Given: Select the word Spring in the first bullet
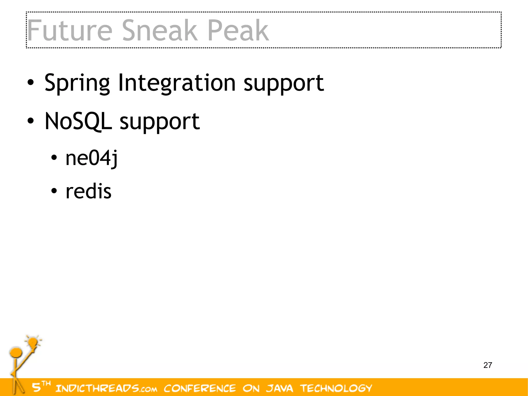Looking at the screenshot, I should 77,83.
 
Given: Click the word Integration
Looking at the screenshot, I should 177,83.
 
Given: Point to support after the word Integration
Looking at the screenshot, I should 284,83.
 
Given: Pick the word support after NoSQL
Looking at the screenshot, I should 160,122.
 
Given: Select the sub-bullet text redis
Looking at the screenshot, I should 88,191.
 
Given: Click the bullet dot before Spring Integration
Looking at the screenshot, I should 30,83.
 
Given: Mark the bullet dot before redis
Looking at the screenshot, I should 54,191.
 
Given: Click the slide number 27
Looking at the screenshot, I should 488,365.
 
